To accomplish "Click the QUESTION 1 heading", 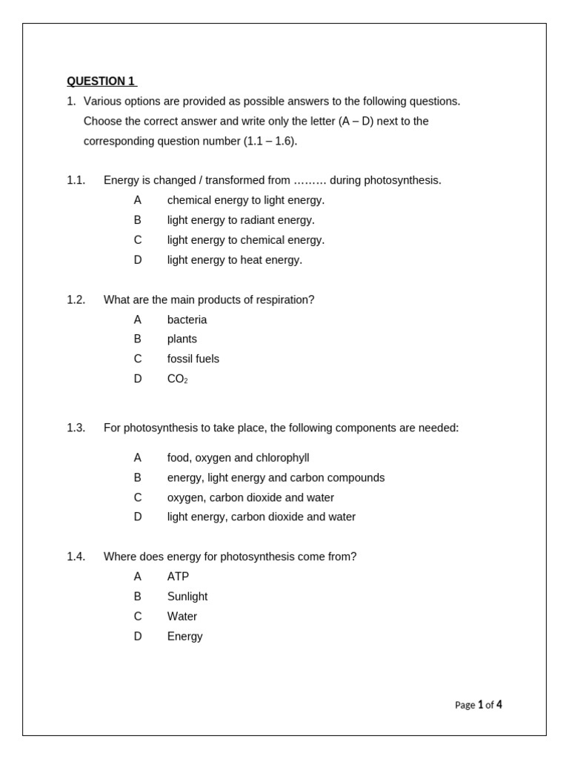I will [101, 82].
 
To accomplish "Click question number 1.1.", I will [76, 180].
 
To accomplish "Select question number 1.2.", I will [76, 299].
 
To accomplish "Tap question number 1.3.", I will [76, 428].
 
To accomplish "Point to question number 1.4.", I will [76, 557].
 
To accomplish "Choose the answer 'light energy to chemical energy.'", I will [245, 240].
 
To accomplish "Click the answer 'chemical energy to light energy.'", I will [245, 200].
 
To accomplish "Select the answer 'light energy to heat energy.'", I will [234, 260].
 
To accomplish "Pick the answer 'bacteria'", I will [187, 319].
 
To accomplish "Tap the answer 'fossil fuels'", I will [193, 359].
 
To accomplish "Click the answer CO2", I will [177, 379].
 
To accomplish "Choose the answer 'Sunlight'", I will [187, 597].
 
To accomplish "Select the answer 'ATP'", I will [178, 577].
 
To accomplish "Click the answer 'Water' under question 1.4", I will [182, 617].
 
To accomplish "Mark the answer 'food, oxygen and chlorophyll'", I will [238, 458].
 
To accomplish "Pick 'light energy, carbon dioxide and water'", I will [261, 517].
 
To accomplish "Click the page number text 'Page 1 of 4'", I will [478, 705].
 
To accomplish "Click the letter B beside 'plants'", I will [137, 339].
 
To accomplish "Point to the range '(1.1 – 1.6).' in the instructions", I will [270, 141].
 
